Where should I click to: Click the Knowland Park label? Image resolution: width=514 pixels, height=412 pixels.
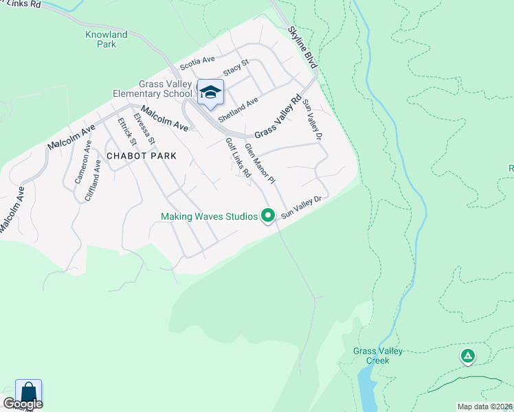click(x=107, y=39)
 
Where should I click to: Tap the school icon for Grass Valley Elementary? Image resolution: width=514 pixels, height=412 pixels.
click(x=210, y=93)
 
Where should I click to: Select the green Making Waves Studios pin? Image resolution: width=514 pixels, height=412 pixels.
click(x=268, y=216)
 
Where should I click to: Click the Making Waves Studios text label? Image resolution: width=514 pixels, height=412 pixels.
click(x=209, y=216)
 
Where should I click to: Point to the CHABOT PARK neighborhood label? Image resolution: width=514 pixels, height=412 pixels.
click(x=142, y=156)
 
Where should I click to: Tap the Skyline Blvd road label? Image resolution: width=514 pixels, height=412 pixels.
click(x=302, y=47)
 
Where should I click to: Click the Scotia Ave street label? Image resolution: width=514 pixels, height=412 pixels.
click(x=197, y=64)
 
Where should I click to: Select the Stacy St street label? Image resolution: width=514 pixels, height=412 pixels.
click(x=236, y=69)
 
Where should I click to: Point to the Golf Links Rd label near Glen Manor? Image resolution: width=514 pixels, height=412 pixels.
click(x=238, y=158)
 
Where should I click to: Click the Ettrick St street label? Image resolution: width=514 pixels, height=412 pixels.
click(x=127, y=132)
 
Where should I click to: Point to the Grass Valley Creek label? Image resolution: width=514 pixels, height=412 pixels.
click(x=378, y=355)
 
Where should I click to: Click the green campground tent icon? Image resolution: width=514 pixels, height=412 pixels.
click(x=467, y=356)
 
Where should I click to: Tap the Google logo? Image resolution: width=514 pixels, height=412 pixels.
click(x=23, y=404)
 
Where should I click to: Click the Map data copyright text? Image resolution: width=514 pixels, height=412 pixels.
click(x=484, y=407)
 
